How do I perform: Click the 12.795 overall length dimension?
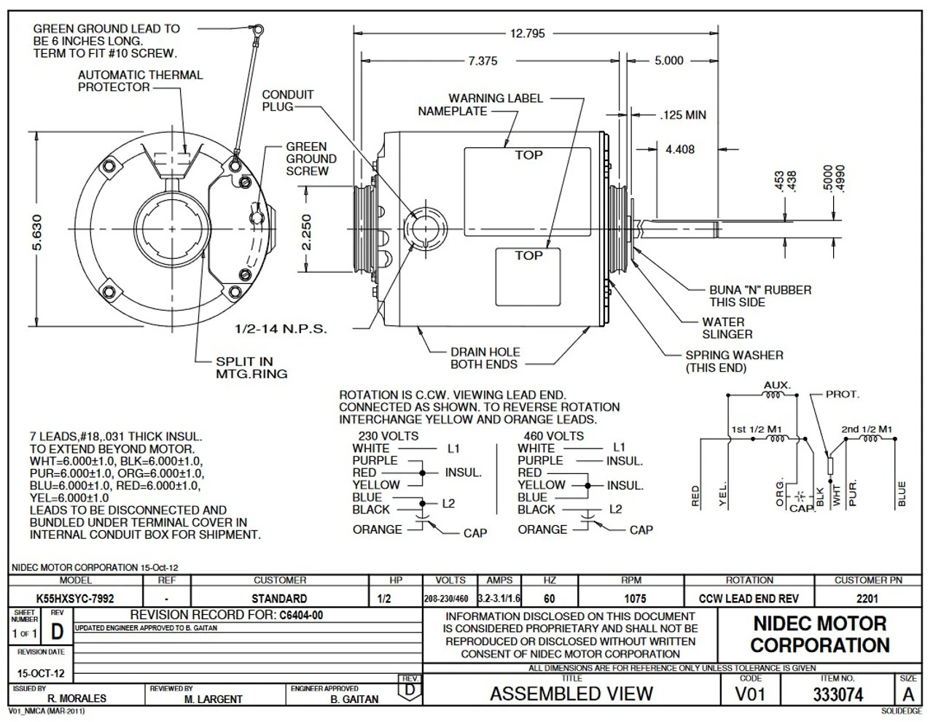click(527, 34)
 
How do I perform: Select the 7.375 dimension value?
click(483, 61)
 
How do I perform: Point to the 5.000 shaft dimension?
click(668, 61)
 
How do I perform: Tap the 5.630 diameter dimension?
click(37, 230)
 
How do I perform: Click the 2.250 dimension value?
click(307, 231)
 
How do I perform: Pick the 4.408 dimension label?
click(679, 150)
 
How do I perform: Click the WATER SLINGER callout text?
click(727, 328)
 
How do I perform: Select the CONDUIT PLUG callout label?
click(287, 101)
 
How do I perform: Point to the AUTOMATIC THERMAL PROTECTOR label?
click(140, 81)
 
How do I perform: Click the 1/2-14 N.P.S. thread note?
click(281, 329)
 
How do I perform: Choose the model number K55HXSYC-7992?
click(75, 599)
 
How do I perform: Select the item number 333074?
click(838, 694)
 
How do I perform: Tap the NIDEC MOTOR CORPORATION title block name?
click(819, 634)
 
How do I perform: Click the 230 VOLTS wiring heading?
click(388, 436)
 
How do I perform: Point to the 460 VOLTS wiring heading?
click(553, 436)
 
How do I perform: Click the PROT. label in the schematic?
click(842, 395)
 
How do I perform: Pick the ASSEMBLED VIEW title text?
click(571, 694)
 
